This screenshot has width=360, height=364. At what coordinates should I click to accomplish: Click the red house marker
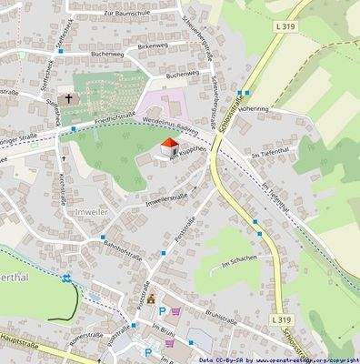pyautogui.click(x=168, y=146)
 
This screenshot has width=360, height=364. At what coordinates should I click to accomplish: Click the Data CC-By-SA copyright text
pyautogui.click(x=274, y=359)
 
